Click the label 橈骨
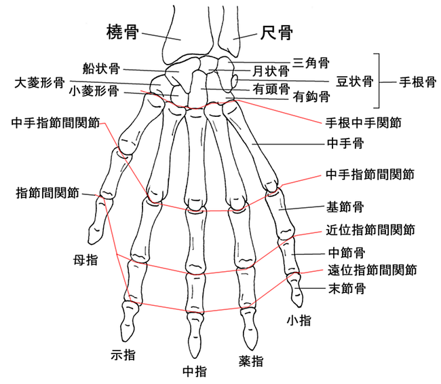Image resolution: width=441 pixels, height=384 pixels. coord(123,32)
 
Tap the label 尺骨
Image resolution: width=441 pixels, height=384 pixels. coord(276,33)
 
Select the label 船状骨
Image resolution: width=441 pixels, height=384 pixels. coord(101,68)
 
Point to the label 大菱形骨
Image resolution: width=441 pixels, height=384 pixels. coord(39,82)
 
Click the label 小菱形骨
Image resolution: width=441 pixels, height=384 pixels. coord(94,90)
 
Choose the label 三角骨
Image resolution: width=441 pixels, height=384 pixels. coord(311,63)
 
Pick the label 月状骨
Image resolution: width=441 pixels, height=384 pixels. coord(271,71)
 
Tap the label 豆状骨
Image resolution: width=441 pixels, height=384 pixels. coord(355,81)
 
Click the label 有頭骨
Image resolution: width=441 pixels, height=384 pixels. coord(271,89)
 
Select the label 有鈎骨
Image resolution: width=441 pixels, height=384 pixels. coord(311,97)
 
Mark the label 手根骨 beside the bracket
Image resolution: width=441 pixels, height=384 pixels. coord(418,82)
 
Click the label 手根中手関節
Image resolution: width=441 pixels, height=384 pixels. coord(364,122)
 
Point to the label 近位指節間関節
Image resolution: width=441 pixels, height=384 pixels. coord(370,230)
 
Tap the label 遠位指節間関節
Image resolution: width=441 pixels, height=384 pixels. coord(372,270)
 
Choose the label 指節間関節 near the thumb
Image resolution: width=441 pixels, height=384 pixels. coord(47,193)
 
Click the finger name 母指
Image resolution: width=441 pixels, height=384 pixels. coord(85,260)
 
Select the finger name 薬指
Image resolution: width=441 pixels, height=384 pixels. coord(251,360)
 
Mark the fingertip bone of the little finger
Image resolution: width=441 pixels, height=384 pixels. coord(296,290)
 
